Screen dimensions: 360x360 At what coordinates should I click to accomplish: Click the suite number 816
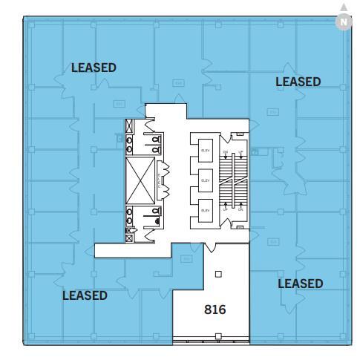pos(215,310)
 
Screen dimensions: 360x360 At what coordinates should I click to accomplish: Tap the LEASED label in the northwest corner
pos(94,68)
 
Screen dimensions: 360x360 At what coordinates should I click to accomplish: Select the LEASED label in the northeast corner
pos(298,82)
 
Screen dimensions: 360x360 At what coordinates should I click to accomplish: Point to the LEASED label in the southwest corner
pos(85,295)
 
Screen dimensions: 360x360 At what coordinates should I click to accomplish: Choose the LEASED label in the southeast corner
pos(300,284)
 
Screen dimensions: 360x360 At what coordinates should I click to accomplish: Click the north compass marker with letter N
pos(343,22)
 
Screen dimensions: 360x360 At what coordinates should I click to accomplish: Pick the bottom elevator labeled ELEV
pos(206,211)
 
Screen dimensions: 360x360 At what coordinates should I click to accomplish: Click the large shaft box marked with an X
pos(141,180)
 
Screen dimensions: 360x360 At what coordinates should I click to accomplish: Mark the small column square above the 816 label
pos(217,274)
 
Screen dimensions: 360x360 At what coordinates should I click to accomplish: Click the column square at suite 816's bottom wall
pos(217,336)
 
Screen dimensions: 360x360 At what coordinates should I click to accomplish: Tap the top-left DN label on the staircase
pos(225,151)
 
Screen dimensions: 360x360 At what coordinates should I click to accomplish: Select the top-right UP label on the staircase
pos(240,151)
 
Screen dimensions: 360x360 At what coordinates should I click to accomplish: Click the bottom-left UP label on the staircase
pos(225,210)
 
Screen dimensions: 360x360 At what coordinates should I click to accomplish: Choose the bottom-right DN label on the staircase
pos(240,210)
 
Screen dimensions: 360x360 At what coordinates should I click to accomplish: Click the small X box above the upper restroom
pos(131,125)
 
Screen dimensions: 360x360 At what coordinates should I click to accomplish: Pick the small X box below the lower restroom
pos(130,238)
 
